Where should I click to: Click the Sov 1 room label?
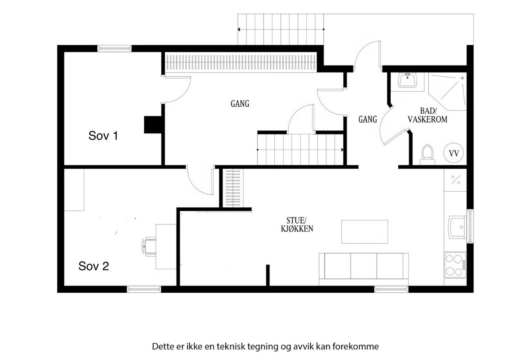(103, 135)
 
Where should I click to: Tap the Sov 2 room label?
(94, 266)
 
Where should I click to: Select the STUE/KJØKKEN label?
(297, 225)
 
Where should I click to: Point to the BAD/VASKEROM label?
(427, 115)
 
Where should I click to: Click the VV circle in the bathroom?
(454, 153)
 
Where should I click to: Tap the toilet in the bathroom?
(427, 155)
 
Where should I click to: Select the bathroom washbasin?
(407, 80)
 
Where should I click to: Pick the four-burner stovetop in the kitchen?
(455, 265)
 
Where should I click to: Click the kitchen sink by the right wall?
(458, 227)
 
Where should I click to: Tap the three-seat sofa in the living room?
(364, 269)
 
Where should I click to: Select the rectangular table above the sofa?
(365, 232)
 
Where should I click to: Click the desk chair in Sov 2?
(149, 246)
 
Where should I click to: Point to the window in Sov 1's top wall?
(115, 48)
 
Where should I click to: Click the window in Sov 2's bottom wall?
(144, 289)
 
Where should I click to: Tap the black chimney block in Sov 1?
(153, 124)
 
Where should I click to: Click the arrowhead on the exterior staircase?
(239, 29)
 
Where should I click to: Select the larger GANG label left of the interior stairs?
(240, 104)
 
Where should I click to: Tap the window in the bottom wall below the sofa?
(392, 289)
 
